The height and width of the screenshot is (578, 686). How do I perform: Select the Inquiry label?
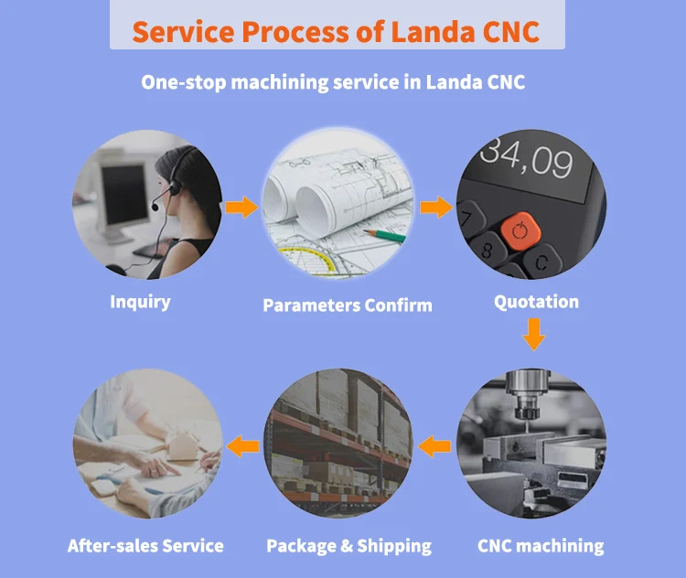(140, 302)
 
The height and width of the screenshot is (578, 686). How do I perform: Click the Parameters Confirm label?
(348, 305)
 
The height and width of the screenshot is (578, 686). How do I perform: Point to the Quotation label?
(536, 302)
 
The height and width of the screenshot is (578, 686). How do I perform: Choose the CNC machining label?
(541, 546)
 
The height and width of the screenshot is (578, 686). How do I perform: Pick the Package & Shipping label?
(348, 546)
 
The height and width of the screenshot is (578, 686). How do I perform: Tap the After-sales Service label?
(145, 546)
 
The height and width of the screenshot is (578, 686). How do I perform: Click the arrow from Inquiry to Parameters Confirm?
(242, 208)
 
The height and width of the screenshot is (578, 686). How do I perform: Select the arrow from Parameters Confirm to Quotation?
(436, 208)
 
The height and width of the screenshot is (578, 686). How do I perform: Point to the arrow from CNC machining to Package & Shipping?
(434, 446)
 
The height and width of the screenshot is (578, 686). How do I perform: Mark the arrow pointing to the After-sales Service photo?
(242, 446)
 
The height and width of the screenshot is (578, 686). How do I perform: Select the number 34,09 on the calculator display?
(526, 161)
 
